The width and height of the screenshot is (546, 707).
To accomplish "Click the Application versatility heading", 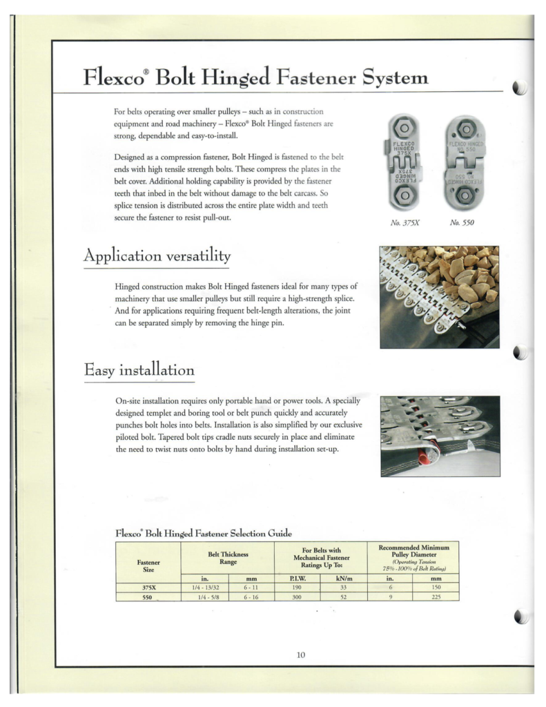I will pyautogui.click(x=157, y=256).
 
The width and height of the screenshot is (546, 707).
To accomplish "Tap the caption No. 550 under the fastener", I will pyautogui.click(x=462, y=224).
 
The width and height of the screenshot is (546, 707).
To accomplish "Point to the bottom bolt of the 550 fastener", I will pyautogui.click(x=463, y=197).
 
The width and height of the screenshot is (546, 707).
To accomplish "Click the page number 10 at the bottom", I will pyautogui.click(x=300, y=655).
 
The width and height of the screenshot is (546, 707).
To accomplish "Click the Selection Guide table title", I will pyautogui.click(x=203, y=532).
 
